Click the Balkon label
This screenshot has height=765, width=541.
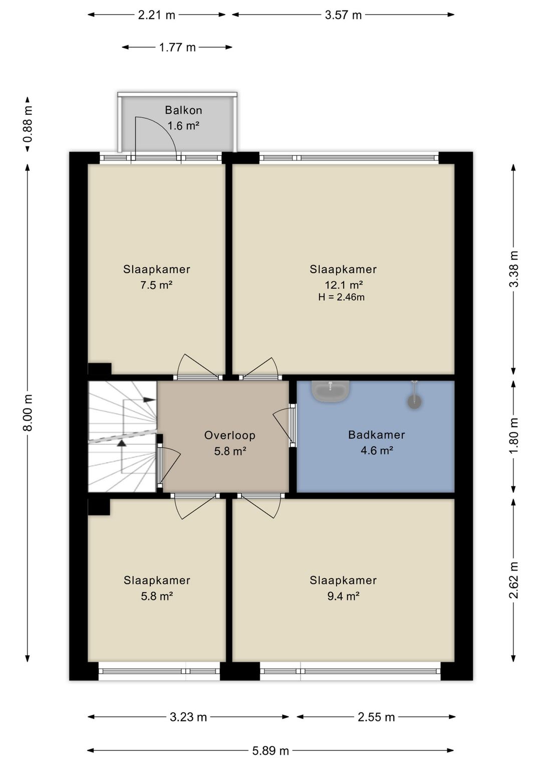[183, 110]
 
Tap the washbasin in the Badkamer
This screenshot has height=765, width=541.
[331, 391]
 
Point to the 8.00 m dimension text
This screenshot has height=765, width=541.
[28, 412]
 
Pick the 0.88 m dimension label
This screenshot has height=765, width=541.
[28, 124]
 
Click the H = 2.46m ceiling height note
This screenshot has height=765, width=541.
[341, 297]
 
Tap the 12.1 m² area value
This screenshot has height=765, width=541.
[343, 284]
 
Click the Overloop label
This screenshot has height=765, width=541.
[230, 435]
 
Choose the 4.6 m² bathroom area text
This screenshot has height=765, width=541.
[377, 451]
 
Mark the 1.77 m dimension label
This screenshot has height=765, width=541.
[177, 47]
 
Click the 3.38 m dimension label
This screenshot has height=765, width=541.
[514, 269]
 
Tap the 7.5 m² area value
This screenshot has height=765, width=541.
[156, 284]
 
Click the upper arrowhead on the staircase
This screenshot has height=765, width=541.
[148, 399]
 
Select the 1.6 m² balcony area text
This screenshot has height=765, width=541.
[183, 126]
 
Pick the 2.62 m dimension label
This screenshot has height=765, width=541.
[514, 580]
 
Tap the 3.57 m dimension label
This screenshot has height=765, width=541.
[343, 15]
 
